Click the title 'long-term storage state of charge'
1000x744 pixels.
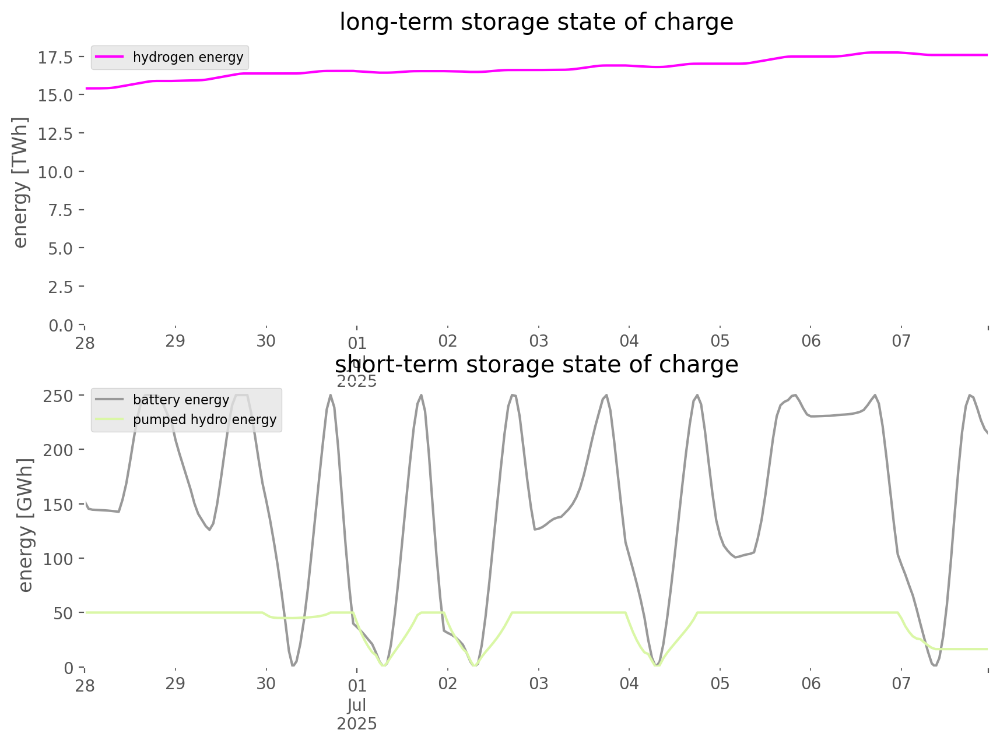536,22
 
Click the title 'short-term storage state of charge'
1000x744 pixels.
536,365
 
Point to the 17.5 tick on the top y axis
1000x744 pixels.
55,57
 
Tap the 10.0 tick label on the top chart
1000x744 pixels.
55,172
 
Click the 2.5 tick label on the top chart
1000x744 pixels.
59,287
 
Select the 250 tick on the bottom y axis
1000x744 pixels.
59,396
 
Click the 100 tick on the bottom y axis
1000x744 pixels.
59,558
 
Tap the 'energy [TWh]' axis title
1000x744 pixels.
20,182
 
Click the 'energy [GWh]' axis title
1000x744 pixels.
26,524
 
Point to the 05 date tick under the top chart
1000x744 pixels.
720,341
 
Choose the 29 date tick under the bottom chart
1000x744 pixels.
175,683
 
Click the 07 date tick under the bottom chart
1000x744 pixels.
901,683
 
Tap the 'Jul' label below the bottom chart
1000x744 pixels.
357,705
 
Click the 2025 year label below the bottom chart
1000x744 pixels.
357,724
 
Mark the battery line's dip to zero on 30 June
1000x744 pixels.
293,665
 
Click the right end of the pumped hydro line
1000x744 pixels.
987,649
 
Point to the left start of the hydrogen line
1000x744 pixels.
86,89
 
